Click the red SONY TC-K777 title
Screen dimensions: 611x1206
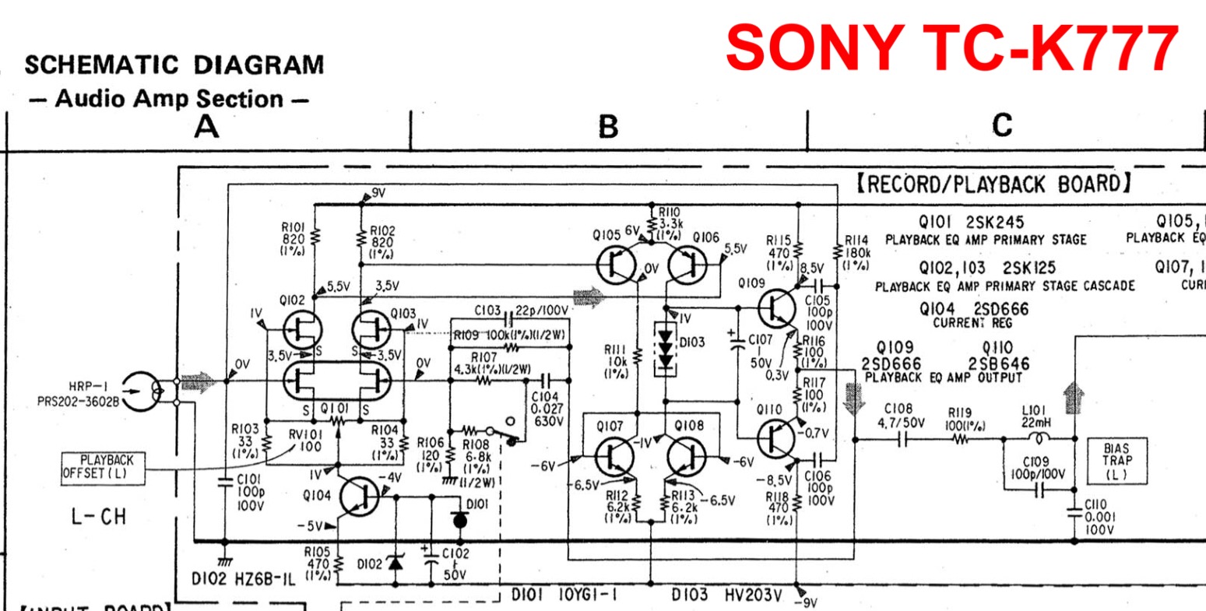point(951,48)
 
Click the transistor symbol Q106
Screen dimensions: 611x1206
point(685,265)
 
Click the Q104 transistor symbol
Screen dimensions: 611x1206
point(359,496)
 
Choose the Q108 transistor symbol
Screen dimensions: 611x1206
point(688,456)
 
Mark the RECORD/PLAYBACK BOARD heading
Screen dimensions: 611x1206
point(993,184)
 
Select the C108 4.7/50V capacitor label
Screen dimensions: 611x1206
point(902,416)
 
